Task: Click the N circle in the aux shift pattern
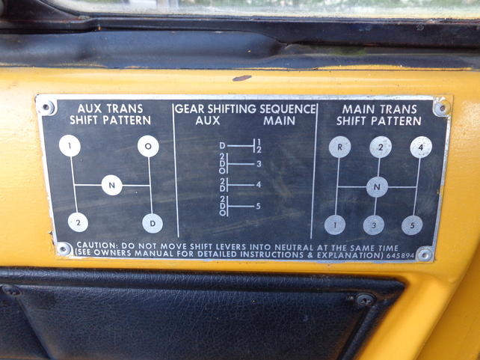(111, 185)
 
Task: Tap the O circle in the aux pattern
(148, 146)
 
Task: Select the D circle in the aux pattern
(153, 223)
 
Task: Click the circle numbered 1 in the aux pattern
(70, 145)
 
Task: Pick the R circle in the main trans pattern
(339, 147)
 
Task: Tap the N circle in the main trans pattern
(377, 187)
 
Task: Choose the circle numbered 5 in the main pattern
(412, 225)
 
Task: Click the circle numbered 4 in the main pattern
(421, 147)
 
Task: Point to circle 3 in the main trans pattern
(374, 225)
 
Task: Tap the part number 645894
(400, 255)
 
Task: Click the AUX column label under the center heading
(208, 120)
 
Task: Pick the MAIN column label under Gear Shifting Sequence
(279, 120)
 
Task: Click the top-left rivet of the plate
(46, 108)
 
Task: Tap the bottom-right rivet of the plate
(425, 254)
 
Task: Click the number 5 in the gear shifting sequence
(258, 206)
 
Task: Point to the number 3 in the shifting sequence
(259, 164)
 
